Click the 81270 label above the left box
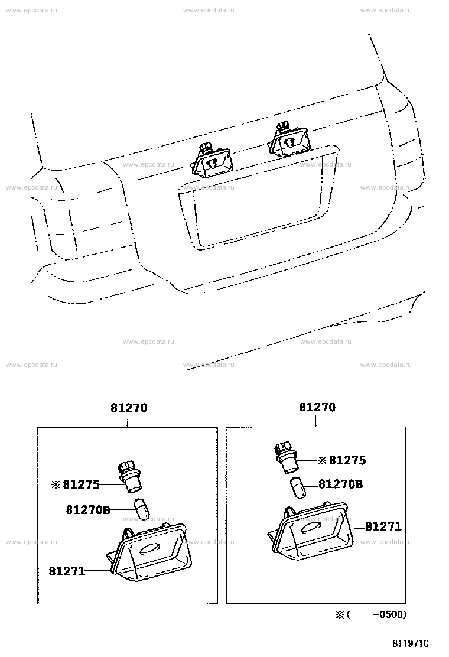(x=129, y=408)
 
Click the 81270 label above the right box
(x=317, y=407)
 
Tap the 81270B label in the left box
(x=88, y=510)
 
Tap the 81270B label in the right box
(x=341, y=484)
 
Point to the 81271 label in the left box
(x=67, y=571)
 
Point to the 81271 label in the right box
(x=383, y=526)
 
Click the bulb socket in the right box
(x=287, y=457)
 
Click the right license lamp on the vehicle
(x=288, y=139)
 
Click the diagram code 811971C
(x=411, y=643)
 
